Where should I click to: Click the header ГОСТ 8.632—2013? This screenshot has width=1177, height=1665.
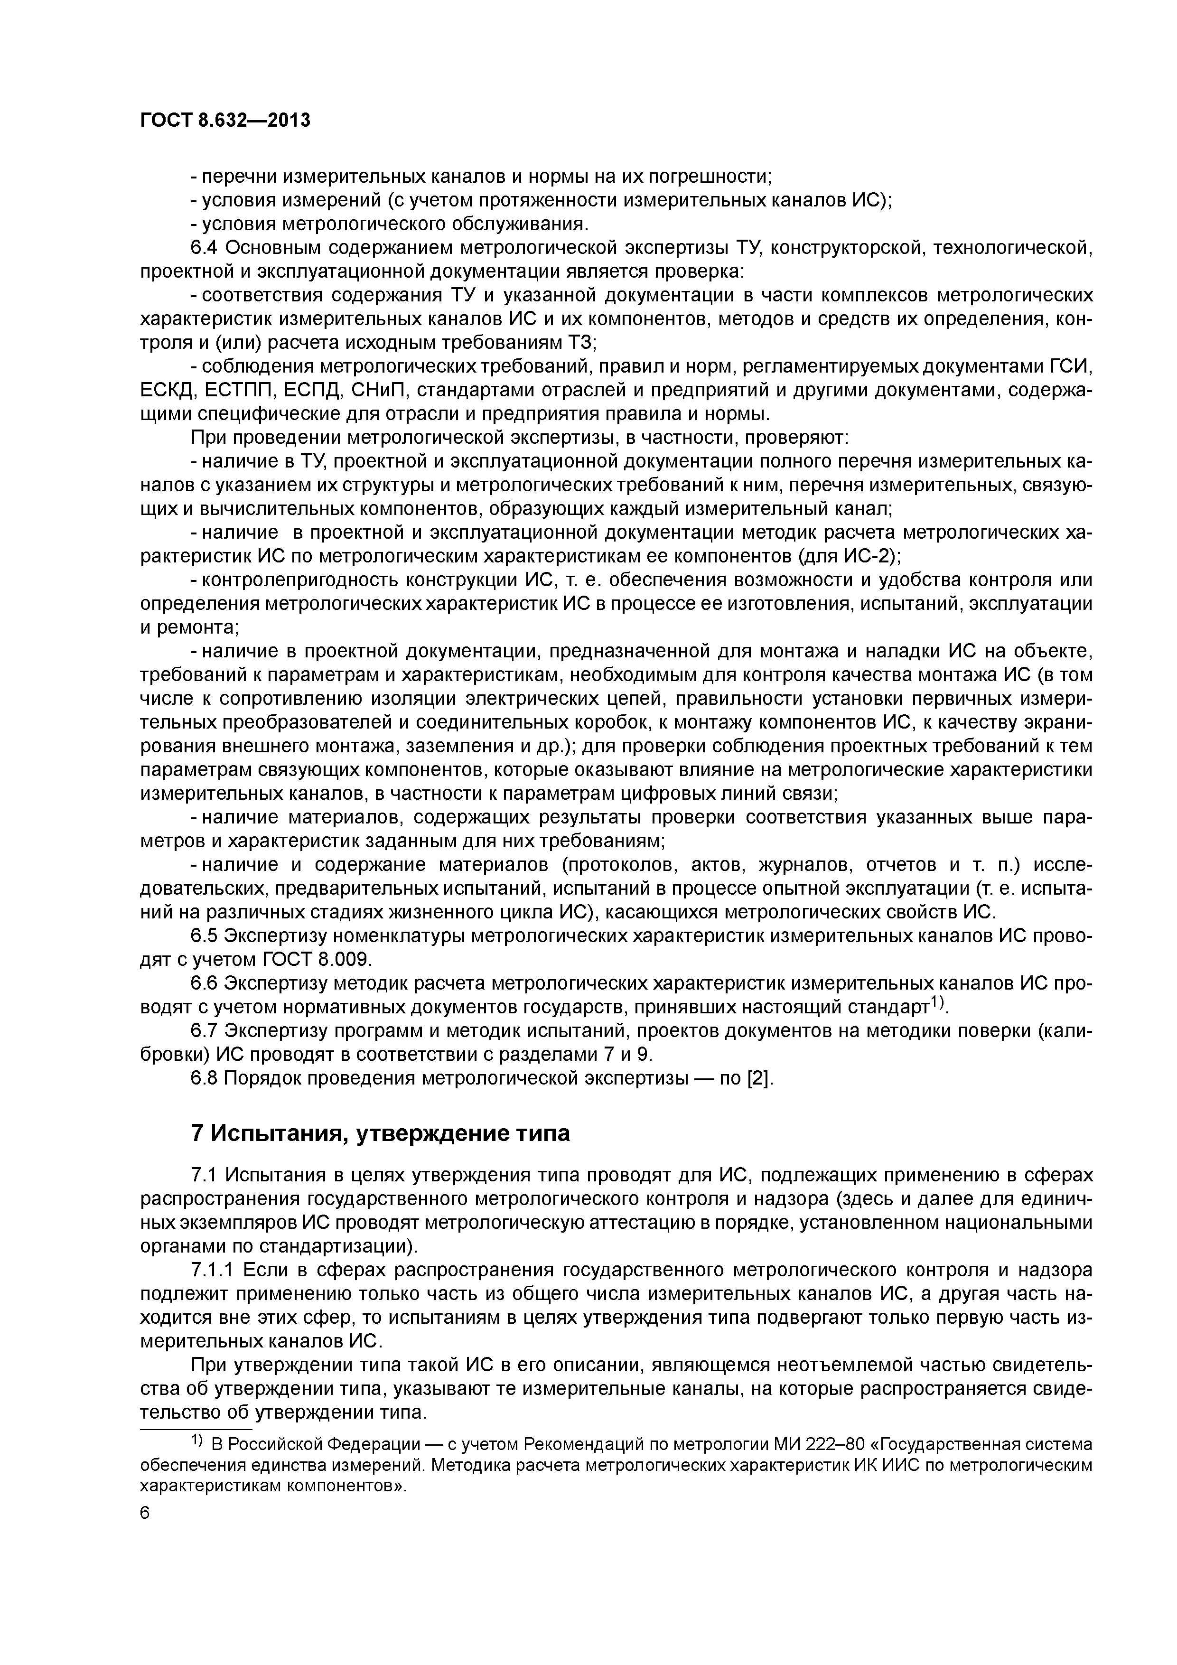click(225, 121)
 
